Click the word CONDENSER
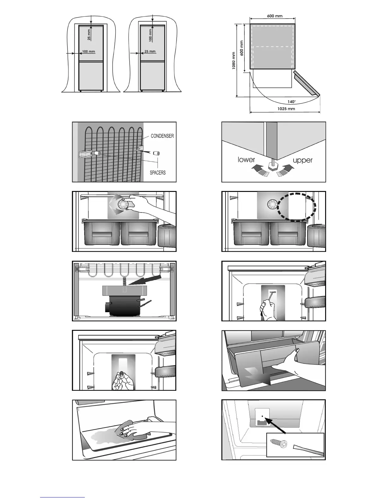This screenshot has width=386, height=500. pos(162,136)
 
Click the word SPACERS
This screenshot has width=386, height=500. pos(157,173)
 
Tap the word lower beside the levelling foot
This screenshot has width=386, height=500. pos(246,160)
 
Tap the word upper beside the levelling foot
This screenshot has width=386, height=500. pos(302,160)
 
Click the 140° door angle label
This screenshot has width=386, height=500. pos(292,102)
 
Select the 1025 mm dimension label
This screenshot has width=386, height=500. pos(286,109)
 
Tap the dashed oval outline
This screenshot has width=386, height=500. pos(296,207)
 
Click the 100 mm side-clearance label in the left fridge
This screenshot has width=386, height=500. pos(88,51)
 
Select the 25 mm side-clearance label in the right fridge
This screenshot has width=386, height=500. pos(150,51)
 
